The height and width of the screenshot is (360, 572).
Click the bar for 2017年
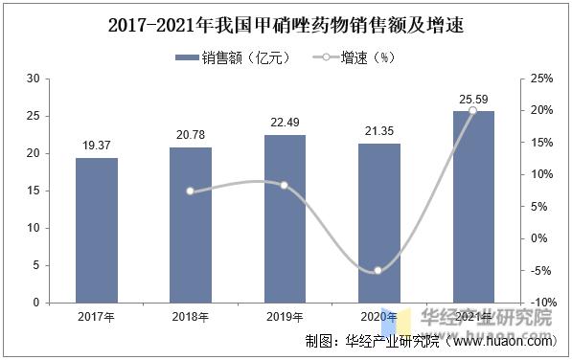pyautogui.click(x=97, y=230)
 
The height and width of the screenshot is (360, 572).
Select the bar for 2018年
pyautogui.click(x=191, y=225)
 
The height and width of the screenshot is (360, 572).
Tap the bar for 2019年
pyautogui.click(x=285, y=218)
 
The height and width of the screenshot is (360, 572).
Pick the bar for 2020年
pyautogui.click(x=378, y=223)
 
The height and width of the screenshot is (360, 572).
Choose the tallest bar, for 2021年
pyautogui.click(x=472, y=207)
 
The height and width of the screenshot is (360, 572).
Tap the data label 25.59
pyautogui.click(x=472, y=99)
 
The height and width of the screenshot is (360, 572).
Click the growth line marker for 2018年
pyautogui.click(x=191, y=191)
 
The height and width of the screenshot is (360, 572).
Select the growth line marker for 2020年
pyautogui.click(x=378, y=271)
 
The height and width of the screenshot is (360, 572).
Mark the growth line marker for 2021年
pyautogui.click(x=472, y=111)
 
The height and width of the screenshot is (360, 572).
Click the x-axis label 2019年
pyautogui.click(x=285, y=316)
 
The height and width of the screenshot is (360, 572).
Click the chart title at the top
pyautogui.click(x=286, y=25)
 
